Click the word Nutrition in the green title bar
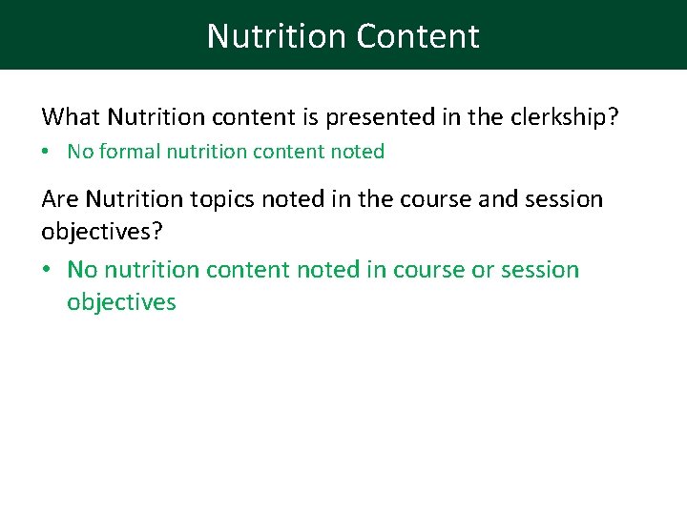277,36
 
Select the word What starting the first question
72,117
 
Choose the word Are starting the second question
60,199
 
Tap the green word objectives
121,303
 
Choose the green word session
539,270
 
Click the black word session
563,199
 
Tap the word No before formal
80,152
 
